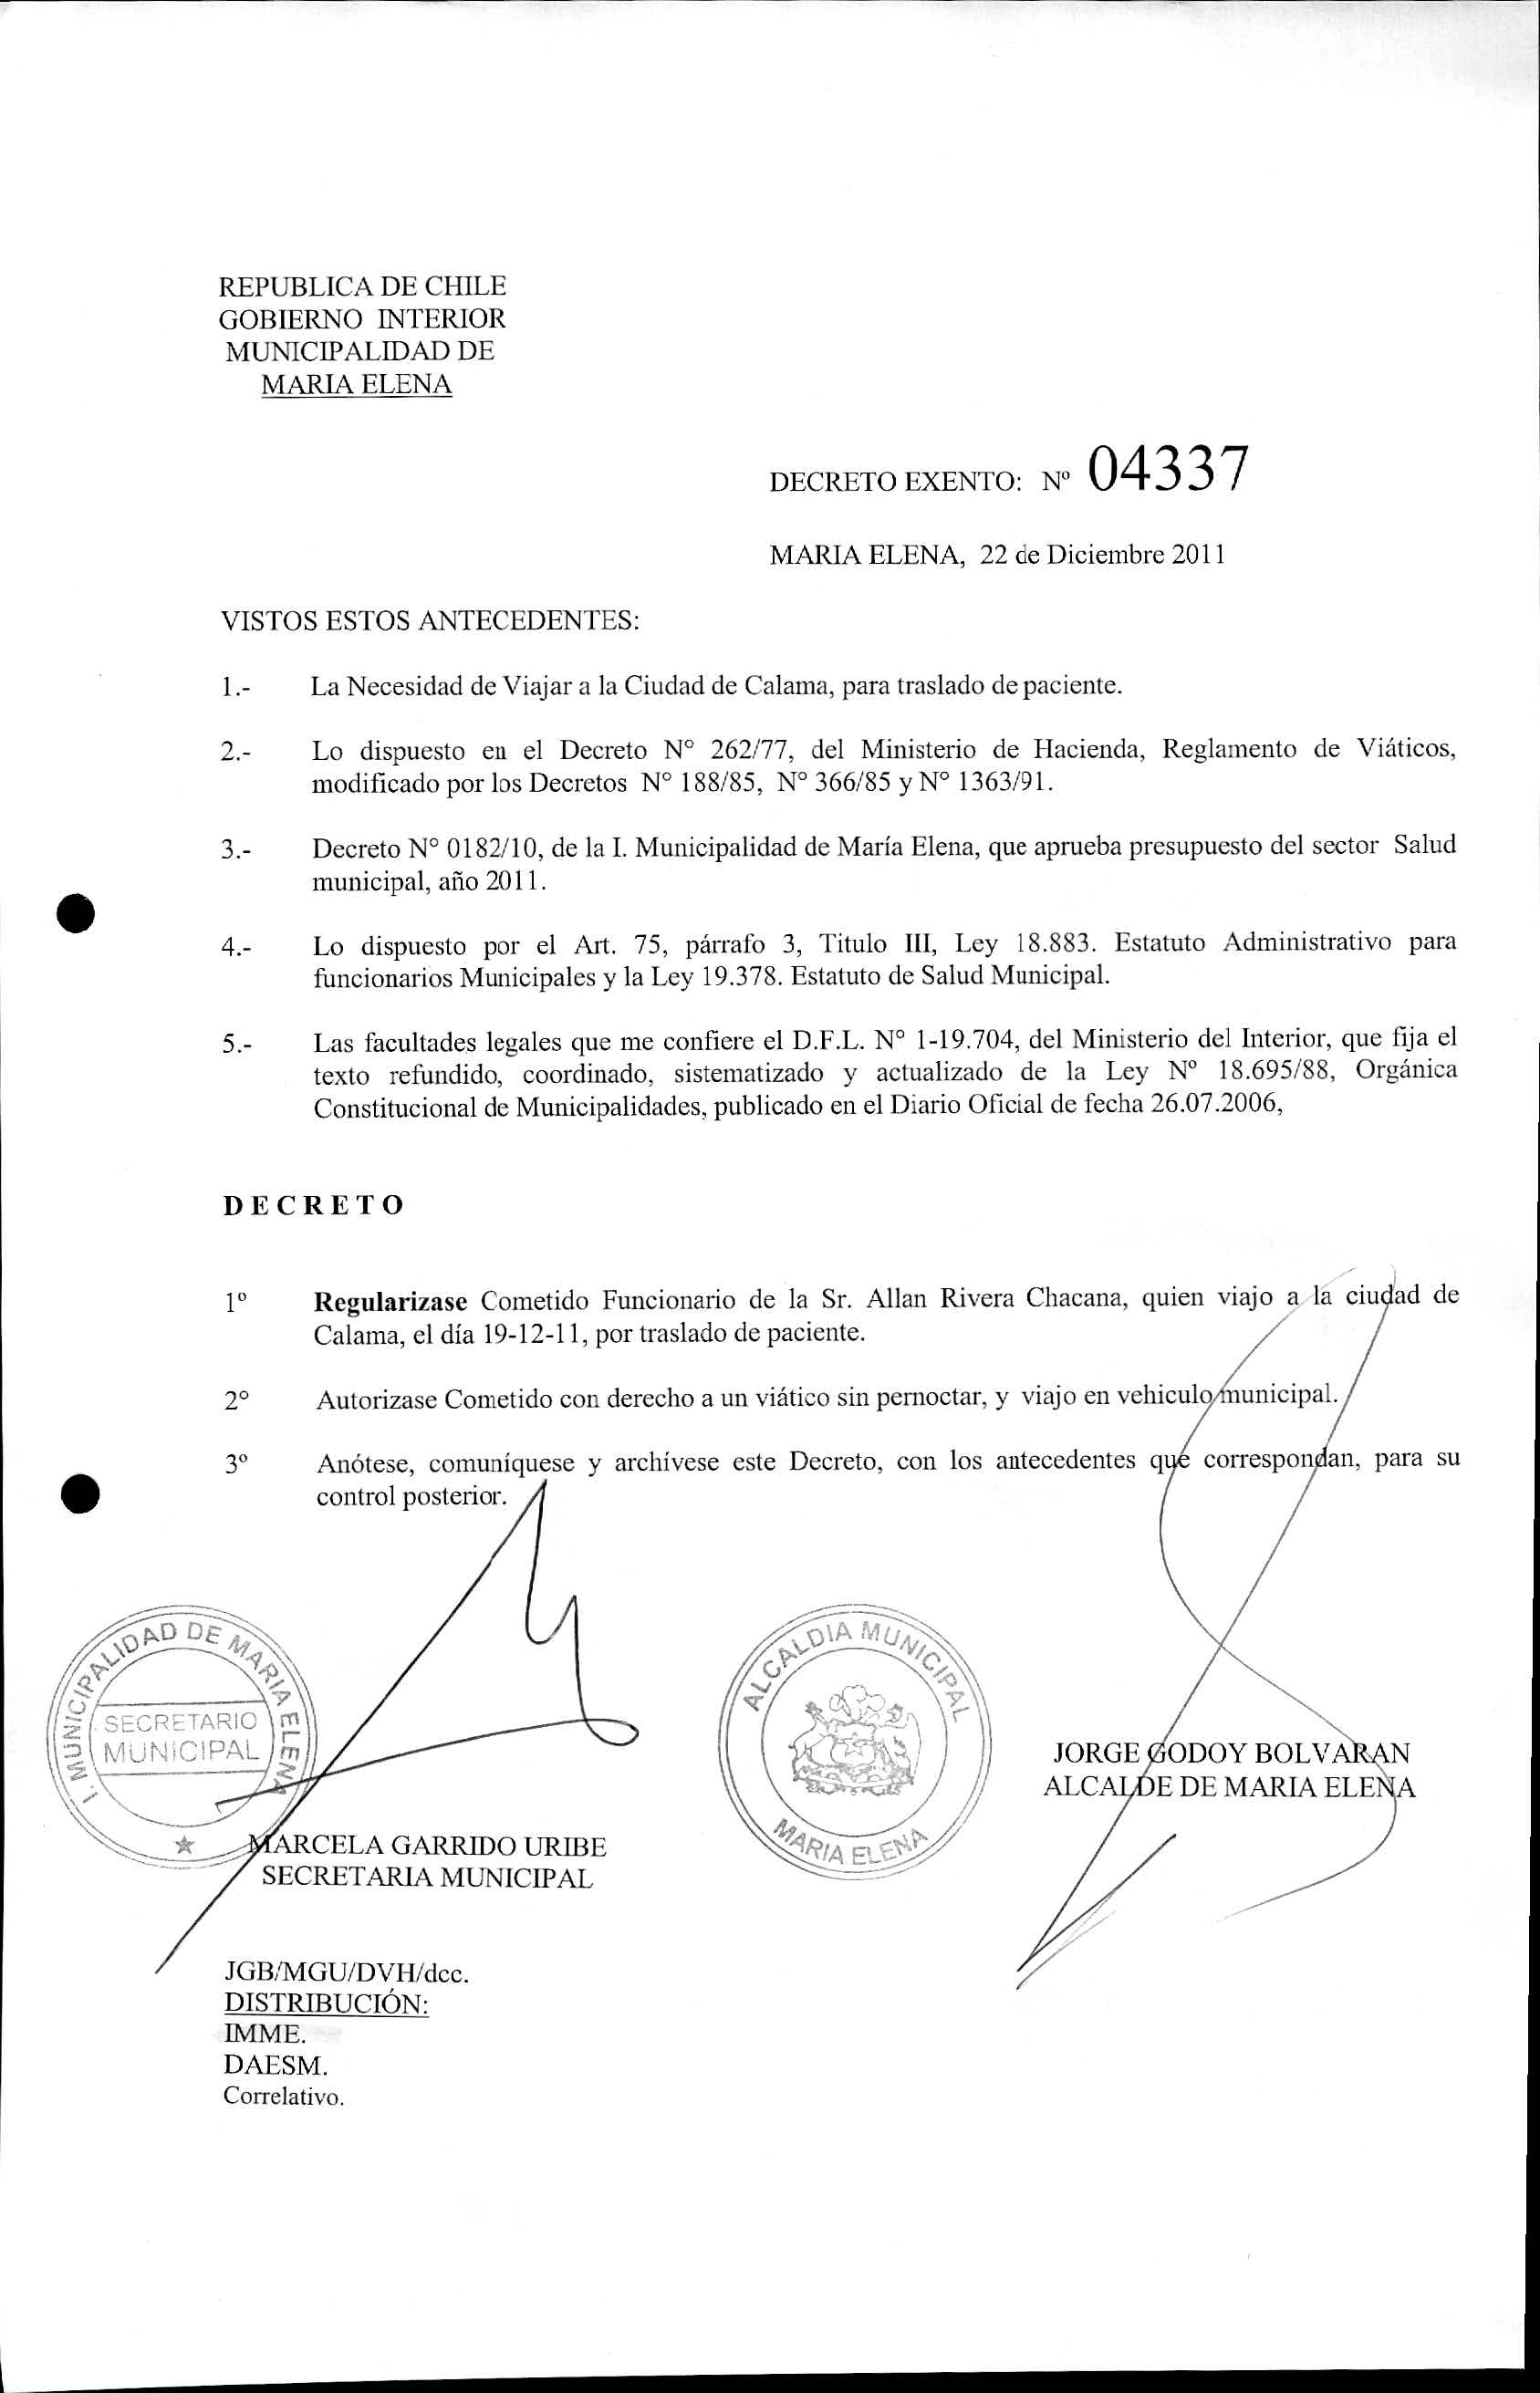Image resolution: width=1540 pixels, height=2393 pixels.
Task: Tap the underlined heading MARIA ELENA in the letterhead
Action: (356, 384)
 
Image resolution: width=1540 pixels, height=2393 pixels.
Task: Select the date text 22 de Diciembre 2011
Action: (1102, 555)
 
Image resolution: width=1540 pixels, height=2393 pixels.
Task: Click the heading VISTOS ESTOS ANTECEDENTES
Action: (429, 621)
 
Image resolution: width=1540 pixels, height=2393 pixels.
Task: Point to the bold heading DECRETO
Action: (313, 1205)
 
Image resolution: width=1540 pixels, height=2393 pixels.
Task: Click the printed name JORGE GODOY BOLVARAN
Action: (1231, 1753)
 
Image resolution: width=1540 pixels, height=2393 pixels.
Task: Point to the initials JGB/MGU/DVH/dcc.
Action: (346, 1974)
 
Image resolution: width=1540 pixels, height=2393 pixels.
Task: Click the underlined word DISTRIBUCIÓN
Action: (326, 2004)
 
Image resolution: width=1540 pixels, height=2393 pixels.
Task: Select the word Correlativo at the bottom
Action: (283, 2097)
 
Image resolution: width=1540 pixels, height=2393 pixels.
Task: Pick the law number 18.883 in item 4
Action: (1057, 943)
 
